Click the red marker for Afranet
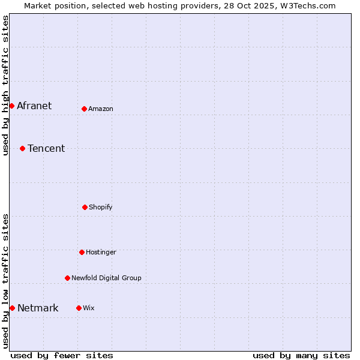pos(11,106)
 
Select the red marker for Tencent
pos(22,148)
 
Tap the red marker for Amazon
pos(84,109)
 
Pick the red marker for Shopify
pos(85,207)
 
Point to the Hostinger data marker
pos(82,252)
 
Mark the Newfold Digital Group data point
pos(67,278)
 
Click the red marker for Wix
pos(79,308)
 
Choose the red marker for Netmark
pos(12,308)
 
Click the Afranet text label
pos(34,106)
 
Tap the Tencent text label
pos(46,148)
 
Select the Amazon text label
pos(101,109)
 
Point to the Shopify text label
pos(101,207)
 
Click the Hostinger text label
pos(101,252)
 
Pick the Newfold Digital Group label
pos(106,278)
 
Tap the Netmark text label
pos(38,308)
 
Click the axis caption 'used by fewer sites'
pos(62,355)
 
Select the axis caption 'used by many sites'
pos(301,355)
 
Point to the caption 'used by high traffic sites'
pos(5,85)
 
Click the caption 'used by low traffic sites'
pos(5,281)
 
